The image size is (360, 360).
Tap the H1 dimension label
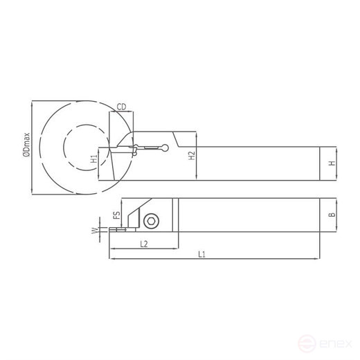click(x=93, y=160)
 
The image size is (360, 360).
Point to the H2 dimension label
click(x=193, y=157)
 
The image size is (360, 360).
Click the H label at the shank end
click(x=332, y=163)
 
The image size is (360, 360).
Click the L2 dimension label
click(x=144, y=244)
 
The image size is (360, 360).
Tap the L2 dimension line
click(x=159, y=248)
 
